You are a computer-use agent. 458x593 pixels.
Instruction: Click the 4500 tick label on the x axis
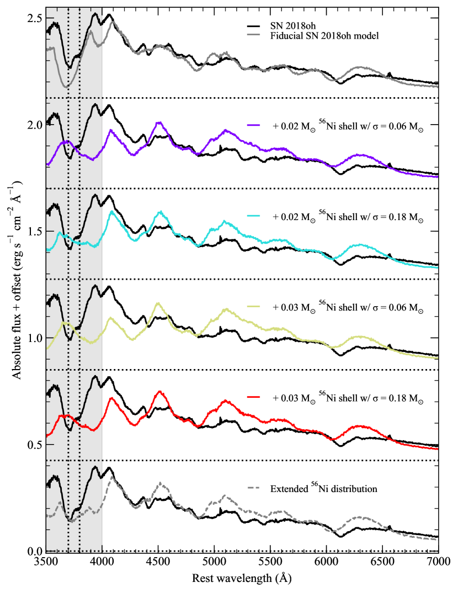[x=158, y=563]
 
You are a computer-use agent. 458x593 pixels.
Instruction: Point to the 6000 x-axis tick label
[x=326, y=563]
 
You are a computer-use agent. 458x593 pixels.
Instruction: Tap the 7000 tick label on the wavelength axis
[x=438, y=563]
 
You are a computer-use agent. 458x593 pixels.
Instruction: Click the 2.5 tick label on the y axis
[x=34, y=18]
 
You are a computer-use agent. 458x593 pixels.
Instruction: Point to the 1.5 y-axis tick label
[x=34, y=231]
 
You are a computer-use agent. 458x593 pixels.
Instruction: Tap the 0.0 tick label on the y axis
[x=34, y=551]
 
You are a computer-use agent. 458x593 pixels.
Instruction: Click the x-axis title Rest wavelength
[x=242, y=579]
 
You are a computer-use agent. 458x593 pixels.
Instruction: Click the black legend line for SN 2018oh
[x=254, y=26]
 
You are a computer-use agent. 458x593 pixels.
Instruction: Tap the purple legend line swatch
[x=254, y=125]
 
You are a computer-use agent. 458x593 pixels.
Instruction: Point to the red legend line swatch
[x=254, y=397]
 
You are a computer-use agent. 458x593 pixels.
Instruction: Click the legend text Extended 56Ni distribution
[x=323, y=488]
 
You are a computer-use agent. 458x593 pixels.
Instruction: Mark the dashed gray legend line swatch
[x=254, y=488]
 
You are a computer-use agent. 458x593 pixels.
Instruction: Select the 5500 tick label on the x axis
[x=270, y=563]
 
